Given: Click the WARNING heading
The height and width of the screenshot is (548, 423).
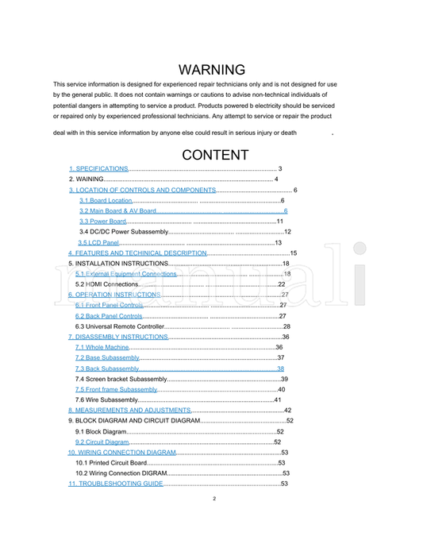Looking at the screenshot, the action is tap(211, 70).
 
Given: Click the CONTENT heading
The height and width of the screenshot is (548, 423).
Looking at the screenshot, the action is tap(214, 155).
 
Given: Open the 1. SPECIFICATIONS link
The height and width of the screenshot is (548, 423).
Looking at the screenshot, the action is tap(98, 169).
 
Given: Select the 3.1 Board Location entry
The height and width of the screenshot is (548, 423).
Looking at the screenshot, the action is tap(105, 201).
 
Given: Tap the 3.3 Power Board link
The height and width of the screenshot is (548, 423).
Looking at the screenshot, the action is tap(102, 222).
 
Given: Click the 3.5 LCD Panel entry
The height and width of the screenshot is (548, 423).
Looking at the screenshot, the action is tap(98, 242).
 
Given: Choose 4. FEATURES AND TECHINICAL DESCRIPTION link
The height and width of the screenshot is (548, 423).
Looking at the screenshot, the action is tap(137, 253).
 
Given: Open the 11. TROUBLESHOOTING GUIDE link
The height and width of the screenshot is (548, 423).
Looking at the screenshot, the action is tap(116, 483).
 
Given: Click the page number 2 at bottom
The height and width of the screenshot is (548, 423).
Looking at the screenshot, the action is tap(214, 499).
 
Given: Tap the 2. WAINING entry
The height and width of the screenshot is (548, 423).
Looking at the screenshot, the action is tap(87, 179).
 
